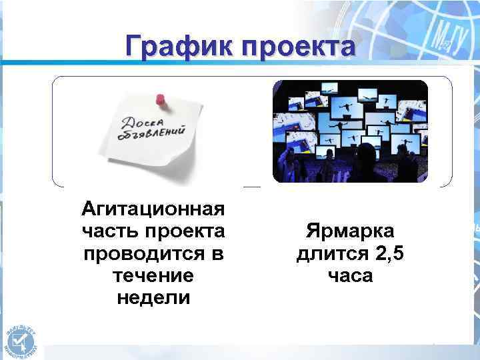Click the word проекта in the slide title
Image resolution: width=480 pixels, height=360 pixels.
tap(298, 47)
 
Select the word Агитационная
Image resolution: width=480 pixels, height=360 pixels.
tap(153, 211)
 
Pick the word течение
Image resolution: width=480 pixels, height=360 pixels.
tap(153, 276)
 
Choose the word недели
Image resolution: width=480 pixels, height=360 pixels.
tap(153, 298)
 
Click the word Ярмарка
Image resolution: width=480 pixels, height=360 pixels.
tap(350, 232)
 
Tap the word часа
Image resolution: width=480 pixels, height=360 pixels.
tap(350, 276)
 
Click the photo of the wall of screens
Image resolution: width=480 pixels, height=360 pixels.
tap(350, 131)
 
